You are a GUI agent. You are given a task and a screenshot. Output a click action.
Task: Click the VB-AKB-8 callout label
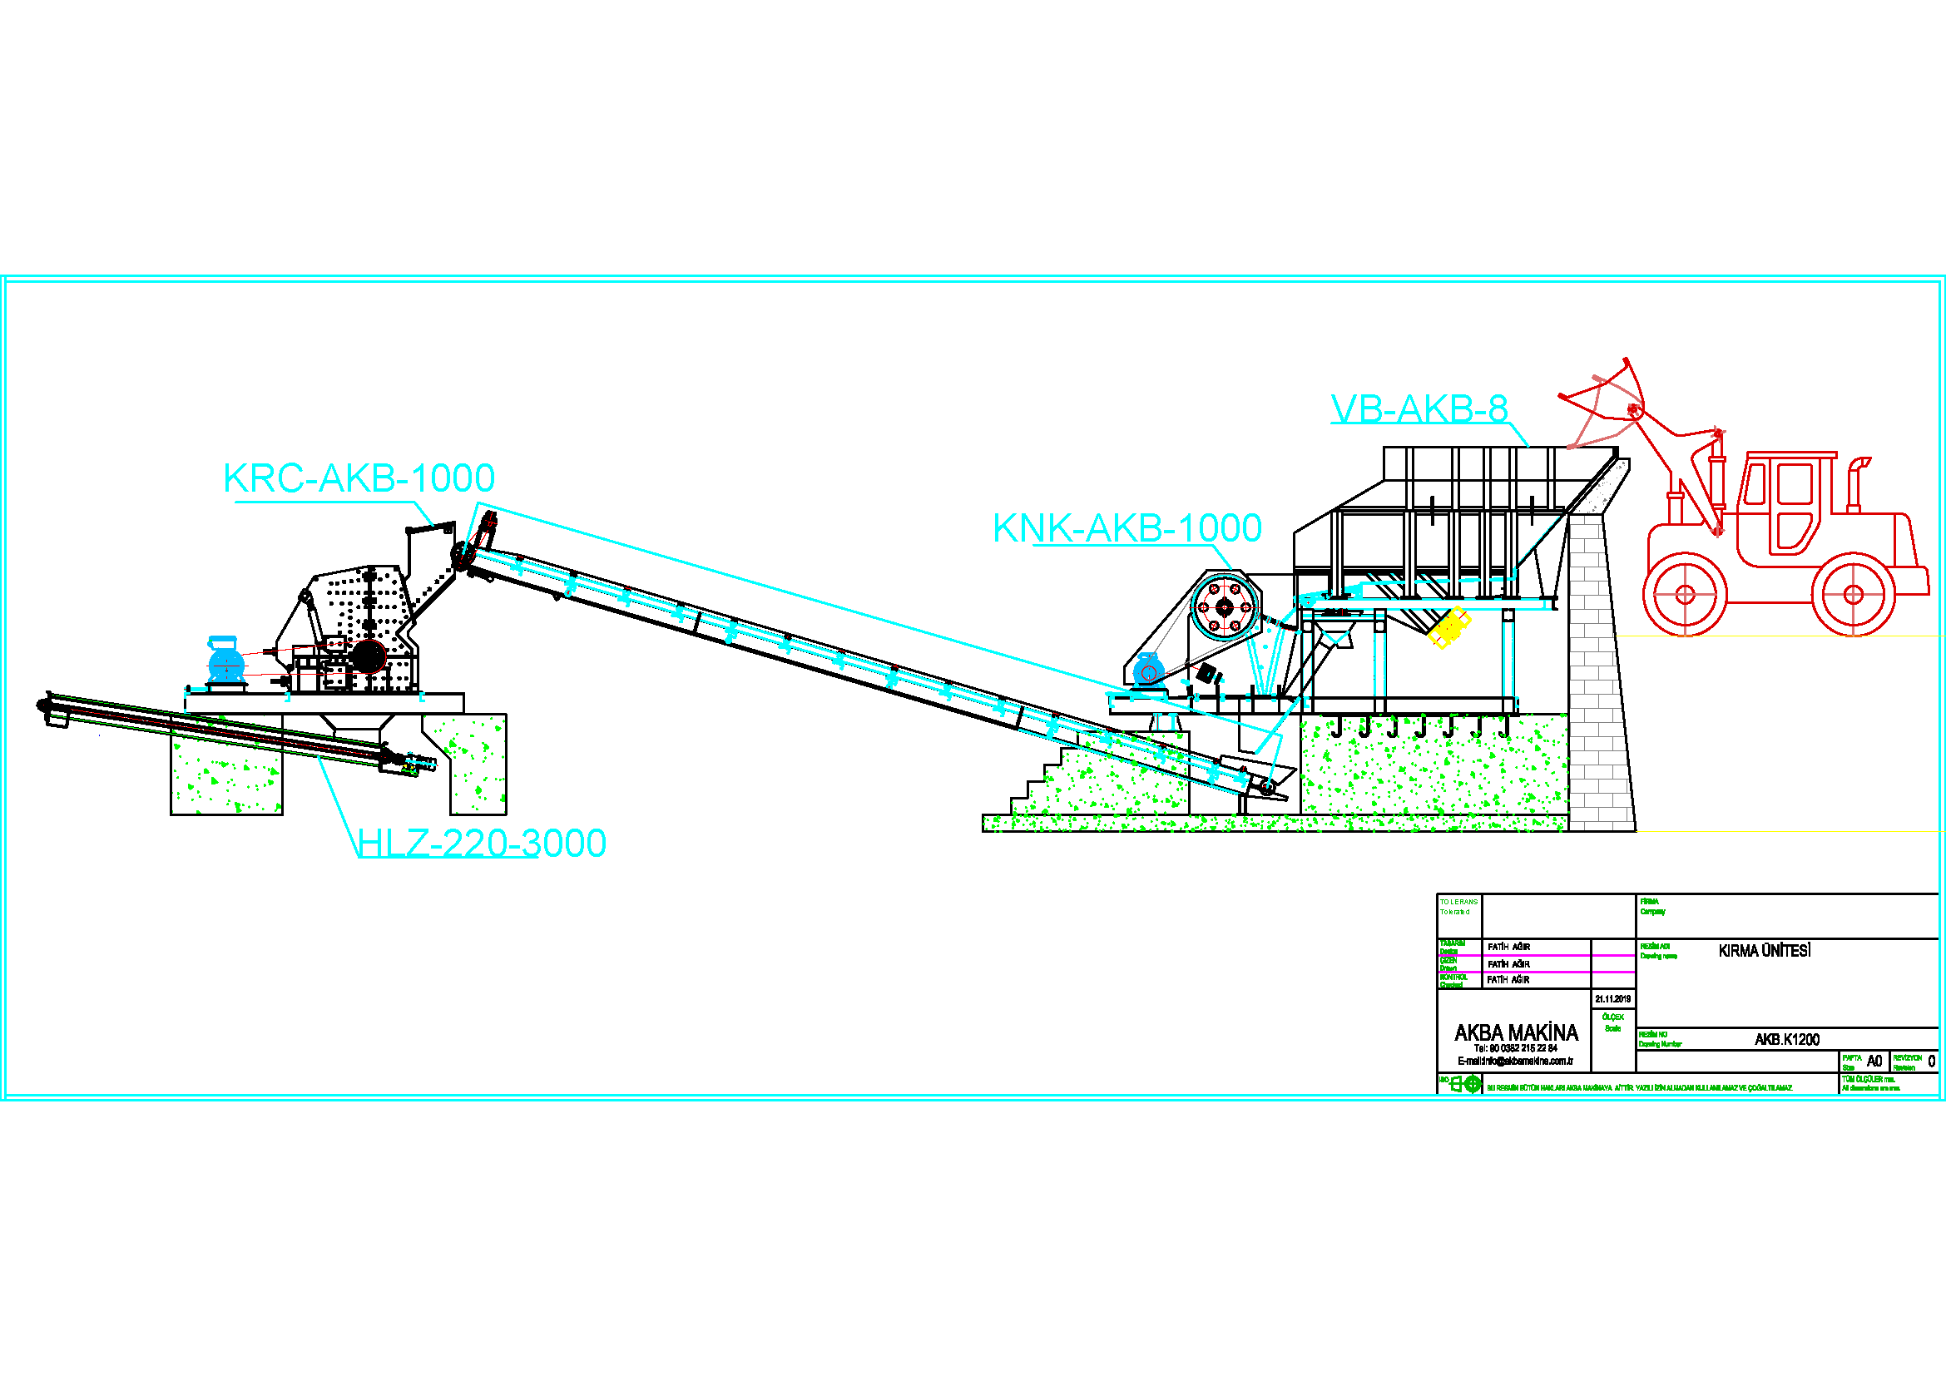(x=1419, y=409)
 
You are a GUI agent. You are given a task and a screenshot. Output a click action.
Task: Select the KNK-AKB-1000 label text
(x=1127, y=529)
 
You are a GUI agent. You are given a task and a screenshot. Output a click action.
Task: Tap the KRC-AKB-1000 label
(x=359, y=478)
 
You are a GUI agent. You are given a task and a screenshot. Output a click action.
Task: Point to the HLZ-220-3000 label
(x=482, y=843)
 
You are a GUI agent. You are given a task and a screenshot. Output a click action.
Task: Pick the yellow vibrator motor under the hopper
(x=1448, y=627)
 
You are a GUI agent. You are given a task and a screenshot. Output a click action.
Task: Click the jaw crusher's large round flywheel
(x=1224, y=606)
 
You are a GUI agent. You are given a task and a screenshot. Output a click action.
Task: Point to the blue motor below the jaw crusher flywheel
(x=1147, y=671)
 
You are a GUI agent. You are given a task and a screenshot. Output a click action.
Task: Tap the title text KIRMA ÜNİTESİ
(x=1764, y=951)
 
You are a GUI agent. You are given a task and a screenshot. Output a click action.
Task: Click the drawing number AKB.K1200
(x=1786, y=1040)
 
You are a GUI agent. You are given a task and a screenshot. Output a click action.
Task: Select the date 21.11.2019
(x=1613, y=999)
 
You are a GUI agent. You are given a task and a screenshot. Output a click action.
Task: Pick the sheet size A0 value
(x=1874, y=1061)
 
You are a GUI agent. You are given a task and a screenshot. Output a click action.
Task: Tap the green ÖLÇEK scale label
(x=1613, y=1017)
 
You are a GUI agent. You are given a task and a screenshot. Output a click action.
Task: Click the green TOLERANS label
(x=1458, y=902)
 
